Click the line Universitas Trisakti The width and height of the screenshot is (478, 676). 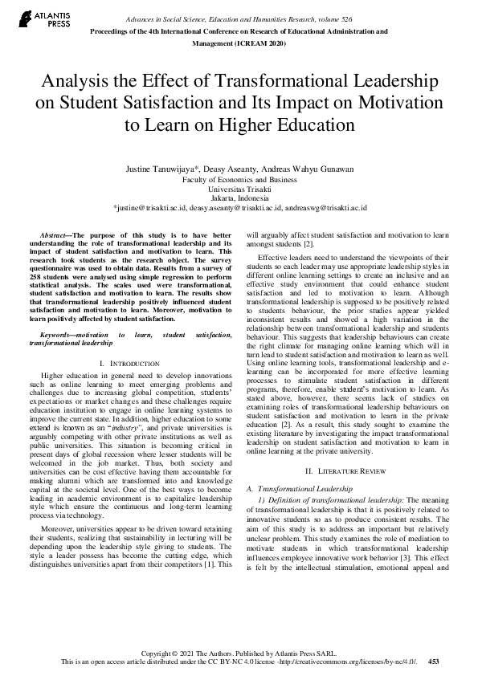click(239, 188)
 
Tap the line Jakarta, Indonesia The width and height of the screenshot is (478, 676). click(239, 197)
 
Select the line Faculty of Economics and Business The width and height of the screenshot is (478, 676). click(239, 179)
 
